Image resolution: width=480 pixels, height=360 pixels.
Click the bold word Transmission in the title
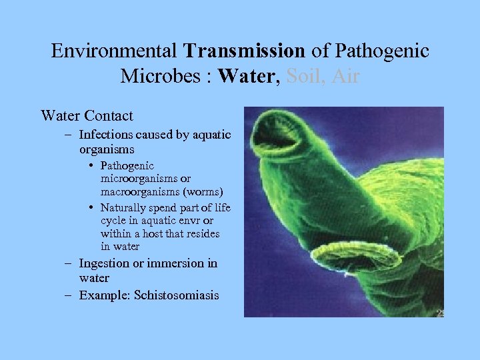245,51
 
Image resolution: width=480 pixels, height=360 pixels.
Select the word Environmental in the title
114,51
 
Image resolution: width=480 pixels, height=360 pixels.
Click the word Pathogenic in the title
383,51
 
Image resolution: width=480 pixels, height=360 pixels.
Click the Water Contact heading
87,115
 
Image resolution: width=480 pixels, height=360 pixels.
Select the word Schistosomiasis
176,295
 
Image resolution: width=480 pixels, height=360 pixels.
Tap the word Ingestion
105,263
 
